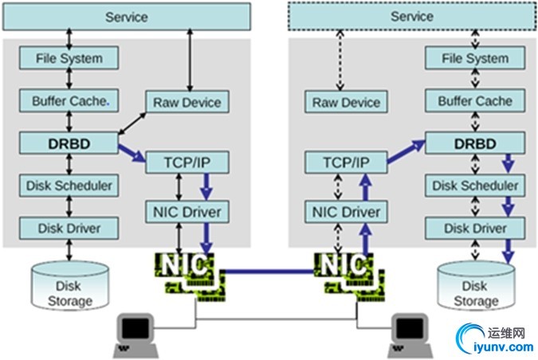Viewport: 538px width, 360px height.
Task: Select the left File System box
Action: coord(69,58)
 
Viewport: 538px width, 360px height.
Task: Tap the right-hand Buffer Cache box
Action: coord(476,101)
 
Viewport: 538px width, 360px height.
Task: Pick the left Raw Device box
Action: coord(187,101)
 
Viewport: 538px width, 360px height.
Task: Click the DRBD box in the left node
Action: coord(69,143)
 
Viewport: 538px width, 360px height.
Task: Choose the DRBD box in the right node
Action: coord(476,143)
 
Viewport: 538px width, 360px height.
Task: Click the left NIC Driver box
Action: coord(187,212)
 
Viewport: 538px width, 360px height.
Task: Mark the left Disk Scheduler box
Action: coord(69,186)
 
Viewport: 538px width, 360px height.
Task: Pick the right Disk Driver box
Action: coord(476,229)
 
